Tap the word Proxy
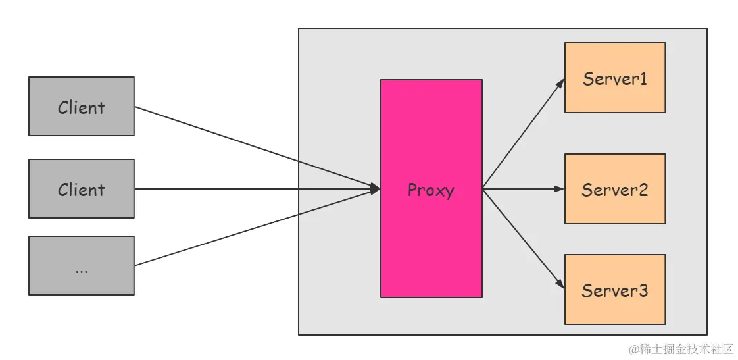(431, 190)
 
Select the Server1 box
(614, 78)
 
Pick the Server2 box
(614, 189)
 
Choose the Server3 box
(614, 290)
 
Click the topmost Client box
(81, 107)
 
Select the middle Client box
(81, 189)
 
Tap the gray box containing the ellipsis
(81, 250)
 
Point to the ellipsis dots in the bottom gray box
(82, 270)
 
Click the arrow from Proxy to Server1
(523, 134)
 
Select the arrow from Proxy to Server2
(523, 189)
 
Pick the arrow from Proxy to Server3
(523, 238)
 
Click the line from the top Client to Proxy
(257, 148)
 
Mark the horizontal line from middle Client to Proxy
(257, 189)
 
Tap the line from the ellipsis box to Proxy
(257, 228)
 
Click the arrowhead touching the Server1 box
(560, 83)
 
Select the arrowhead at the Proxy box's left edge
(376, 189)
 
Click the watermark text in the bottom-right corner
(680, 349)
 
